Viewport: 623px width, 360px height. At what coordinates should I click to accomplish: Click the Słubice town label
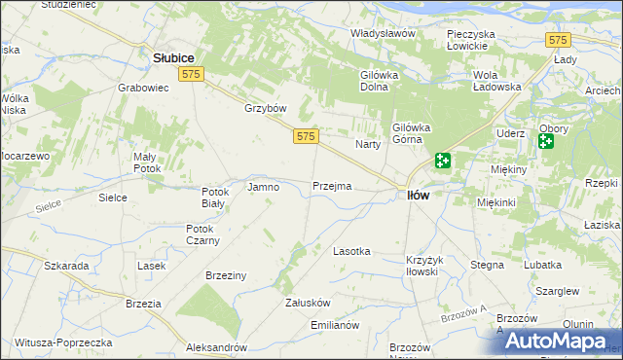tap(175, 58)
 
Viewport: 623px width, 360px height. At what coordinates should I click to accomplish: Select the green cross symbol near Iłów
tap(443, 161)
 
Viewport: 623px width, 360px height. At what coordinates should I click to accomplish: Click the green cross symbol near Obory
tap(545, 141)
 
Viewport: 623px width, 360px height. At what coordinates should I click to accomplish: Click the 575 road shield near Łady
tap(558, 40)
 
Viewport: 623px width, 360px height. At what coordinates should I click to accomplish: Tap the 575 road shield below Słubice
tap(192, 75)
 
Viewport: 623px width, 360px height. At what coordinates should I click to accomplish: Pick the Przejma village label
tap(332, 186)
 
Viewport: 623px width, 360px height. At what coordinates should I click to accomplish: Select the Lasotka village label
tap(351, 251)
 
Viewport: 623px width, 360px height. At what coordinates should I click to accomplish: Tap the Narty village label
tap(367, 144)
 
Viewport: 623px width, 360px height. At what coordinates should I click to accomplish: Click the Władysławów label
tap(384, 34)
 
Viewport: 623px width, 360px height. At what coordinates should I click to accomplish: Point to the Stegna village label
tap(487, 265)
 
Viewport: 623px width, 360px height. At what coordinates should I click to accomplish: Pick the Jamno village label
tap(264, 187)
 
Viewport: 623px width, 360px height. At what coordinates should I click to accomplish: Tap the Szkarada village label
tap(67, 266)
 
